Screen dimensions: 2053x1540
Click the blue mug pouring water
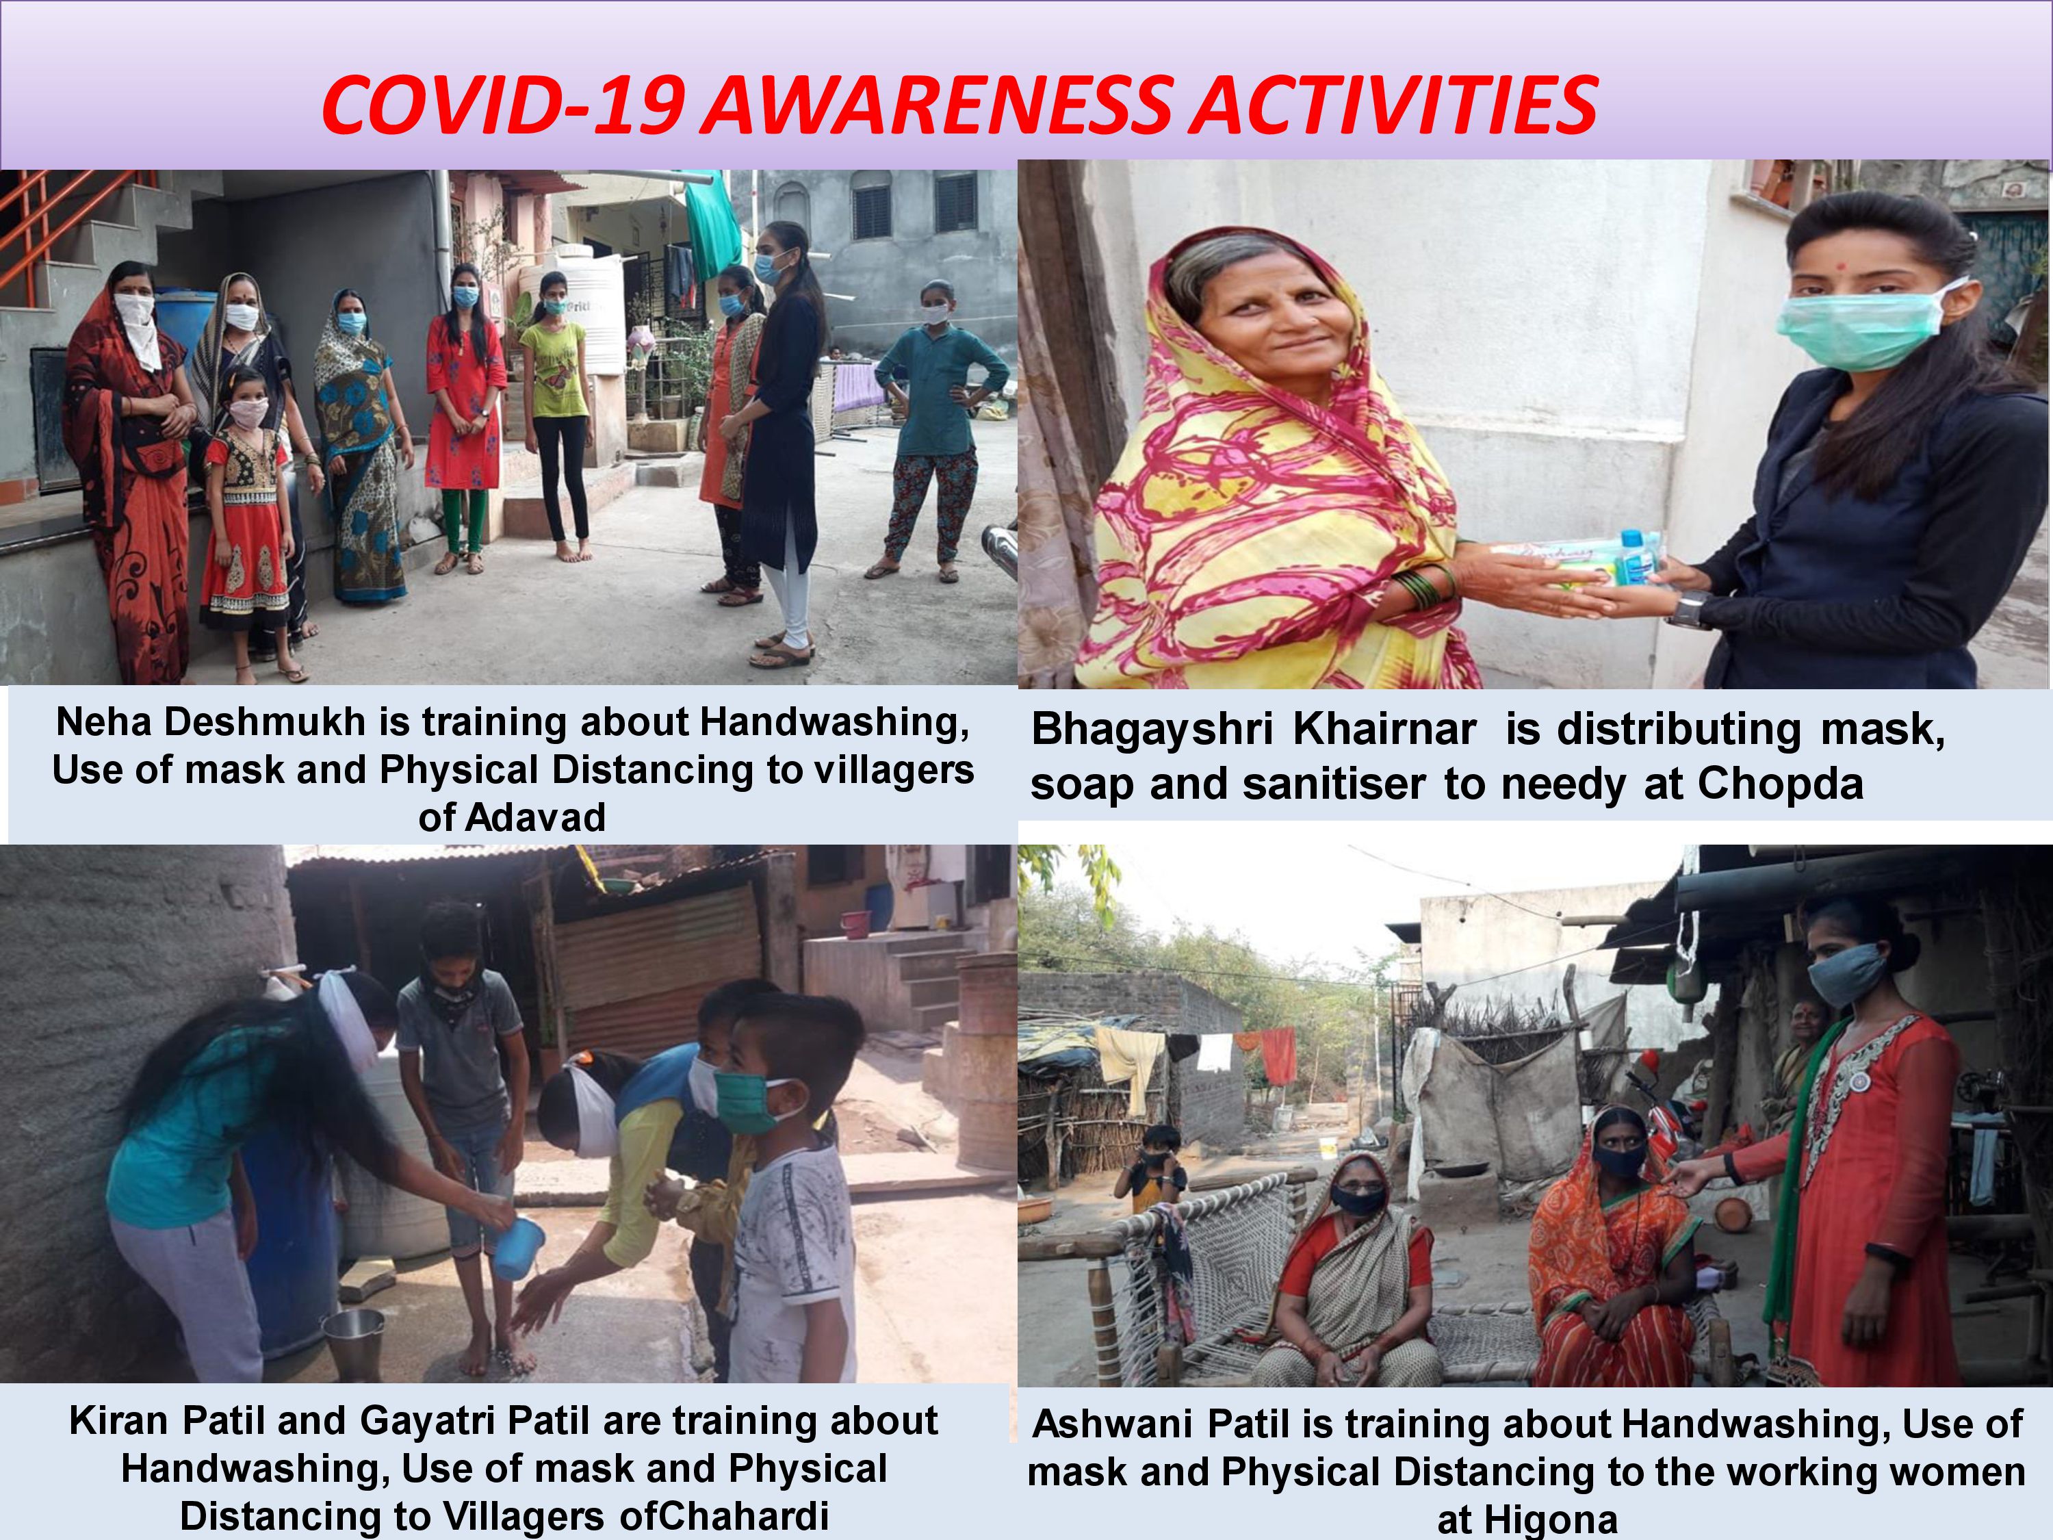coord(518,1249)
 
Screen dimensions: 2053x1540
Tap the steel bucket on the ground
coord(352,1343)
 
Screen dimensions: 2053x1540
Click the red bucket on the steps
coord(855,923)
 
